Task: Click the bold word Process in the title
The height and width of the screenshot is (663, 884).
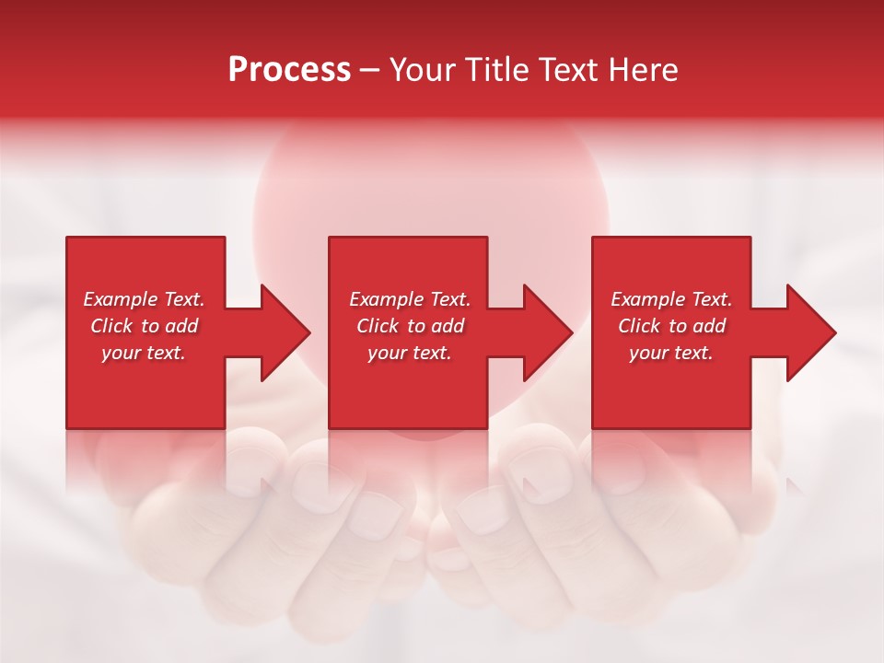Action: tap(289, 70)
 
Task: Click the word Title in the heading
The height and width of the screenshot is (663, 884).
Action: tap(495, 70)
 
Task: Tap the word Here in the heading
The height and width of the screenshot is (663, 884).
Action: tap(642, 70)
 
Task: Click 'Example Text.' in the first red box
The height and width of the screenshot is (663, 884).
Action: tap(144, 299)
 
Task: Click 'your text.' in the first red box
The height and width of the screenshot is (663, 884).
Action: tap(144, 353)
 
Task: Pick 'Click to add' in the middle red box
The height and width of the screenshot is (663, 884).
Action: tap(410, 326)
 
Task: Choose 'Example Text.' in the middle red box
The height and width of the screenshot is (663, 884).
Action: tap(410, 299)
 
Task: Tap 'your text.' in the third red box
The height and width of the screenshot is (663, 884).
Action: tap(670, 353)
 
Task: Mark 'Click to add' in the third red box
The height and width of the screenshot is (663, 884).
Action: tap(671, 326)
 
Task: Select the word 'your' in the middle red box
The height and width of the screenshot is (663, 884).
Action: tap(386, 353)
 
